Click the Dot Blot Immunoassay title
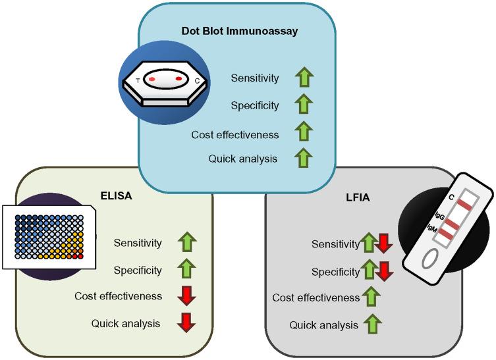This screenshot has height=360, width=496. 240,30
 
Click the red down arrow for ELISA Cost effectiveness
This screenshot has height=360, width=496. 188,297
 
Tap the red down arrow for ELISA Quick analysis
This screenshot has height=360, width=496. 188,323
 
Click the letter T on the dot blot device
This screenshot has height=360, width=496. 138,80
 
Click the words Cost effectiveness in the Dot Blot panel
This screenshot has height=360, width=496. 235,135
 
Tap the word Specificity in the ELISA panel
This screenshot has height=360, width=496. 137,270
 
